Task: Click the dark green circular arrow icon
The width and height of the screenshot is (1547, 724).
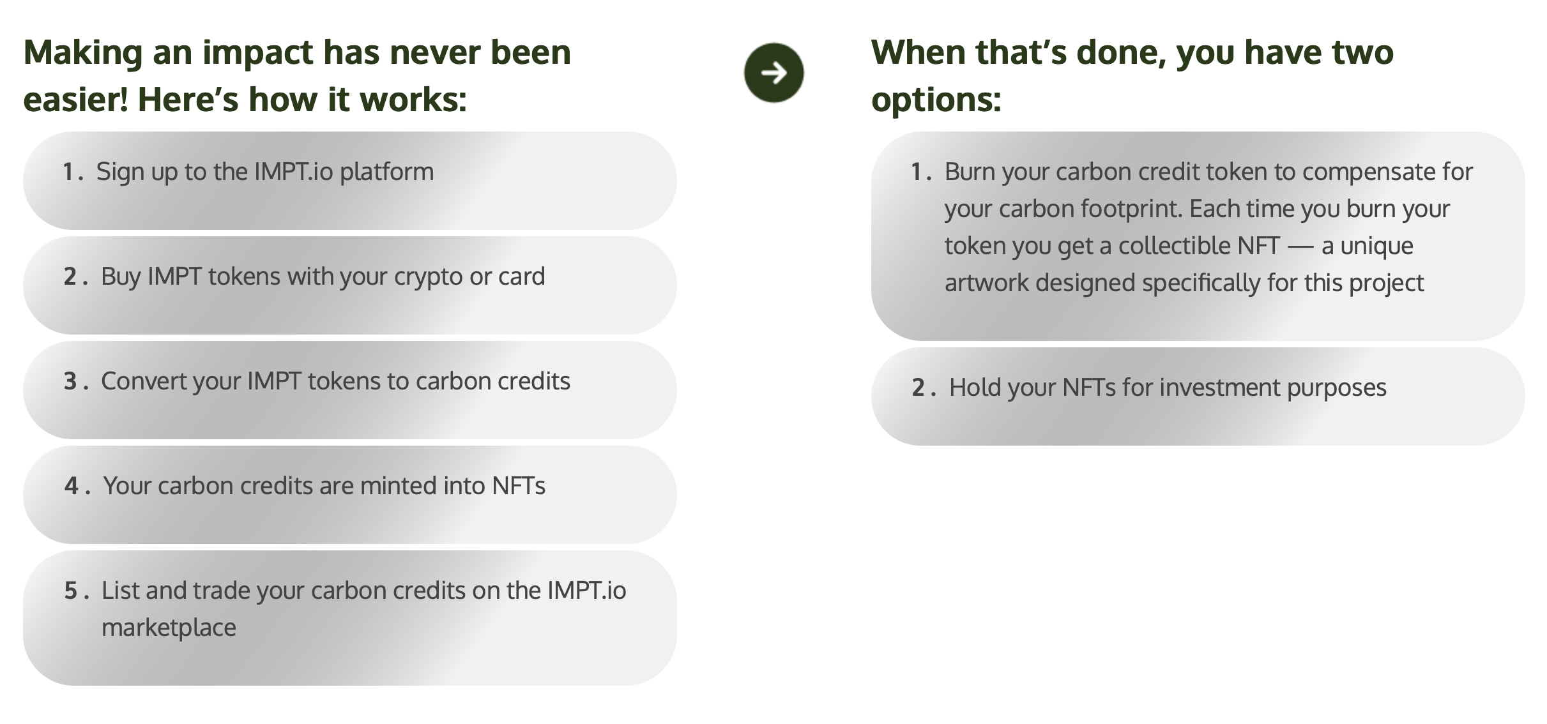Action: point(773,73)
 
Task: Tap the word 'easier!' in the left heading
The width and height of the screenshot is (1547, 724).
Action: point(76,100)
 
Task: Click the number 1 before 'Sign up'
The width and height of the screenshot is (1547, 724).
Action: point(68,172)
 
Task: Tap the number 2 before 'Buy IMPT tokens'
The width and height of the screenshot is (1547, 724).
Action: point(70,276)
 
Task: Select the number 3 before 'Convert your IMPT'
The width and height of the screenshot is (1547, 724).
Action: point(70,381)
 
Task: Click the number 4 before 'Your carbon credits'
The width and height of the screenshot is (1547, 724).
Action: point(70,486)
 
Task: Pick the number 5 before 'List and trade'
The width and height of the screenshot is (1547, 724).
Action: point(70,591)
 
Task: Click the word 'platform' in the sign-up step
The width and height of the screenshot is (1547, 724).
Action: point(386,172)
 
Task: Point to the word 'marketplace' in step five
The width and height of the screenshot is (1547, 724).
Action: point(169,628)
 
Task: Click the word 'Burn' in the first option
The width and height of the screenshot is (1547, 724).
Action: point(970,172)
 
